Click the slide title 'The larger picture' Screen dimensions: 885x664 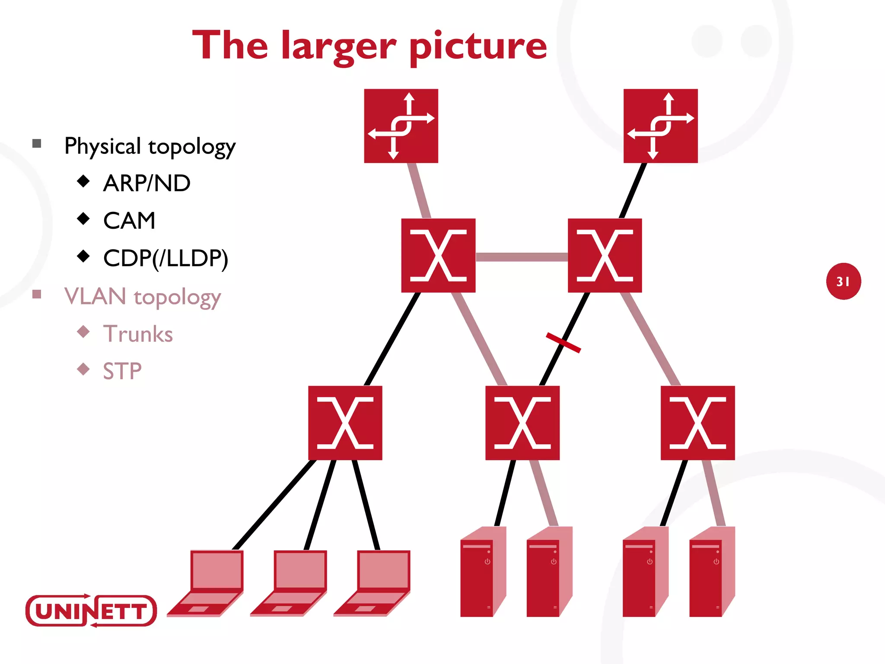coord(369,46)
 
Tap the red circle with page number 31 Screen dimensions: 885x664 coord(843,281)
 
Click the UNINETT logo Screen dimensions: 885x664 coord(91,610)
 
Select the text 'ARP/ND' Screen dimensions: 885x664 coord(147,183)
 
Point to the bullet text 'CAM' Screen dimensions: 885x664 coord(129,221)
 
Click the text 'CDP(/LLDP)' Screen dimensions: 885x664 coord(166,259)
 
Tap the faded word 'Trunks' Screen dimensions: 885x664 coord(138,334)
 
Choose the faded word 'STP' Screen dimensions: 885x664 coord(122,371)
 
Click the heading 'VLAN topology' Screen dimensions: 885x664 coord(143,297)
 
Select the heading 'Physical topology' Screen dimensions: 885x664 coord(150,146)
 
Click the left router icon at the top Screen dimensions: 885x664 coord(401,126)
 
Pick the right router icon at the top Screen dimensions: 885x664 coord(660,126)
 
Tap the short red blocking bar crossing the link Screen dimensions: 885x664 coord(563,342)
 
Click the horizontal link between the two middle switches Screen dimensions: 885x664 coord(522,257)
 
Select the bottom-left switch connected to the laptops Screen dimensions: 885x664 coord(345,423)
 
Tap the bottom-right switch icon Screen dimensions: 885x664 coord(697,423)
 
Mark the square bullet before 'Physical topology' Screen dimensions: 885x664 coord(37,144)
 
